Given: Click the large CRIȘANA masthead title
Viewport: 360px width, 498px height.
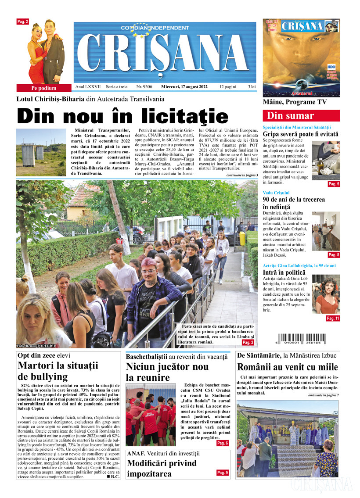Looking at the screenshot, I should click(x=162, y=53).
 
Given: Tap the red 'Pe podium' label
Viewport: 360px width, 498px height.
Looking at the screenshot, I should click(x=44, y=88).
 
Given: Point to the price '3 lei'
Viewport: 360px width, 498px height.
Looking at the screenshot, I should click(x=252, y=87).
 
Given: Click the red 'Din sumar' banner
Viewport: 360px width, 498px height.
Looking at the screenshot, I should click(x=301, y=116).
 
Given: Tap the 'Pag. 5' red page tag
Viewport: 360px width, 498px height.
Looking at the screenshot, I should click(x=334, y=184).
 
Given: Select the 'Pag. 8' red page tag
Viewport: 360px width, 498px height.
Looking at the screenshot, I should click(x=334, y=255).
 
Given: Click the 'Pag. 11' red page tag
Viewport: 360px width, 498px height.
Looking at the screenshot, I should click(x=333, y=319).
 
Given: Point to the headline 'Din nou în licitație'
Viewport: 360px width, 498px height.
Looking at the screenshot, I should click(x=122, y=115).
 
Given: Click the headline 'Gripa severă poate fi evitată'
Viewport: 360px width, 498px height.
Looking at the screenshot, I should click(x=301, y=134).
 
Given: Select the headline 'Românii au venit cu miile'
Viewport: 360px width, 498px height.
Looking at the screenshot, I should click(x=288, y=367).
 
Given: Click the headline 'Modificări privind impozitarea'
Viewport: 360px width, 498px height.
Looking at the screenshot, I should click(x=162, y=468).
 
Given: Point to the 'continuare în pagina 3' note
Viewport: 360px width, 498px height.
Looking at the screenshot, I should click(x=242, y=175).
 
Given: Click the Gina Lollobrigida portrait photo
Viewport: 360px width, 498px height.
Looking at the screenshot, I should click(x=326, y=294).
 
